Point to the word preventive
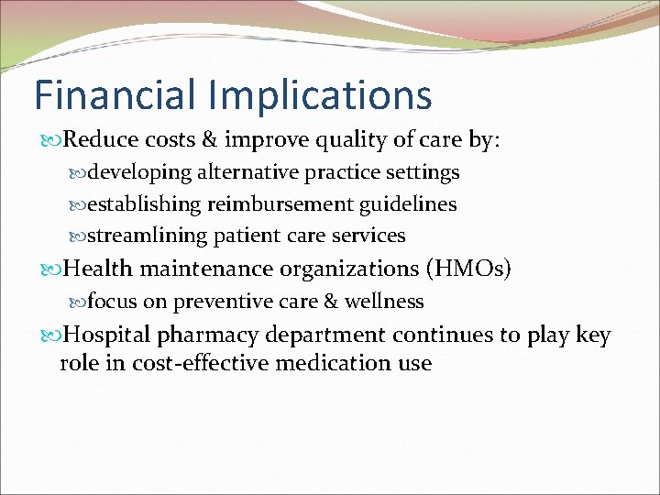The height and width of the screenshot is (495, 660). click(x=225, y=302)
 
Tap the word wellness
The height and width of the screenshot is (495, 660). click(x=384, y=302)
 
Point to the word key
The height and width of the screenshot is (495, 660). click(x=593, y=335)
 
